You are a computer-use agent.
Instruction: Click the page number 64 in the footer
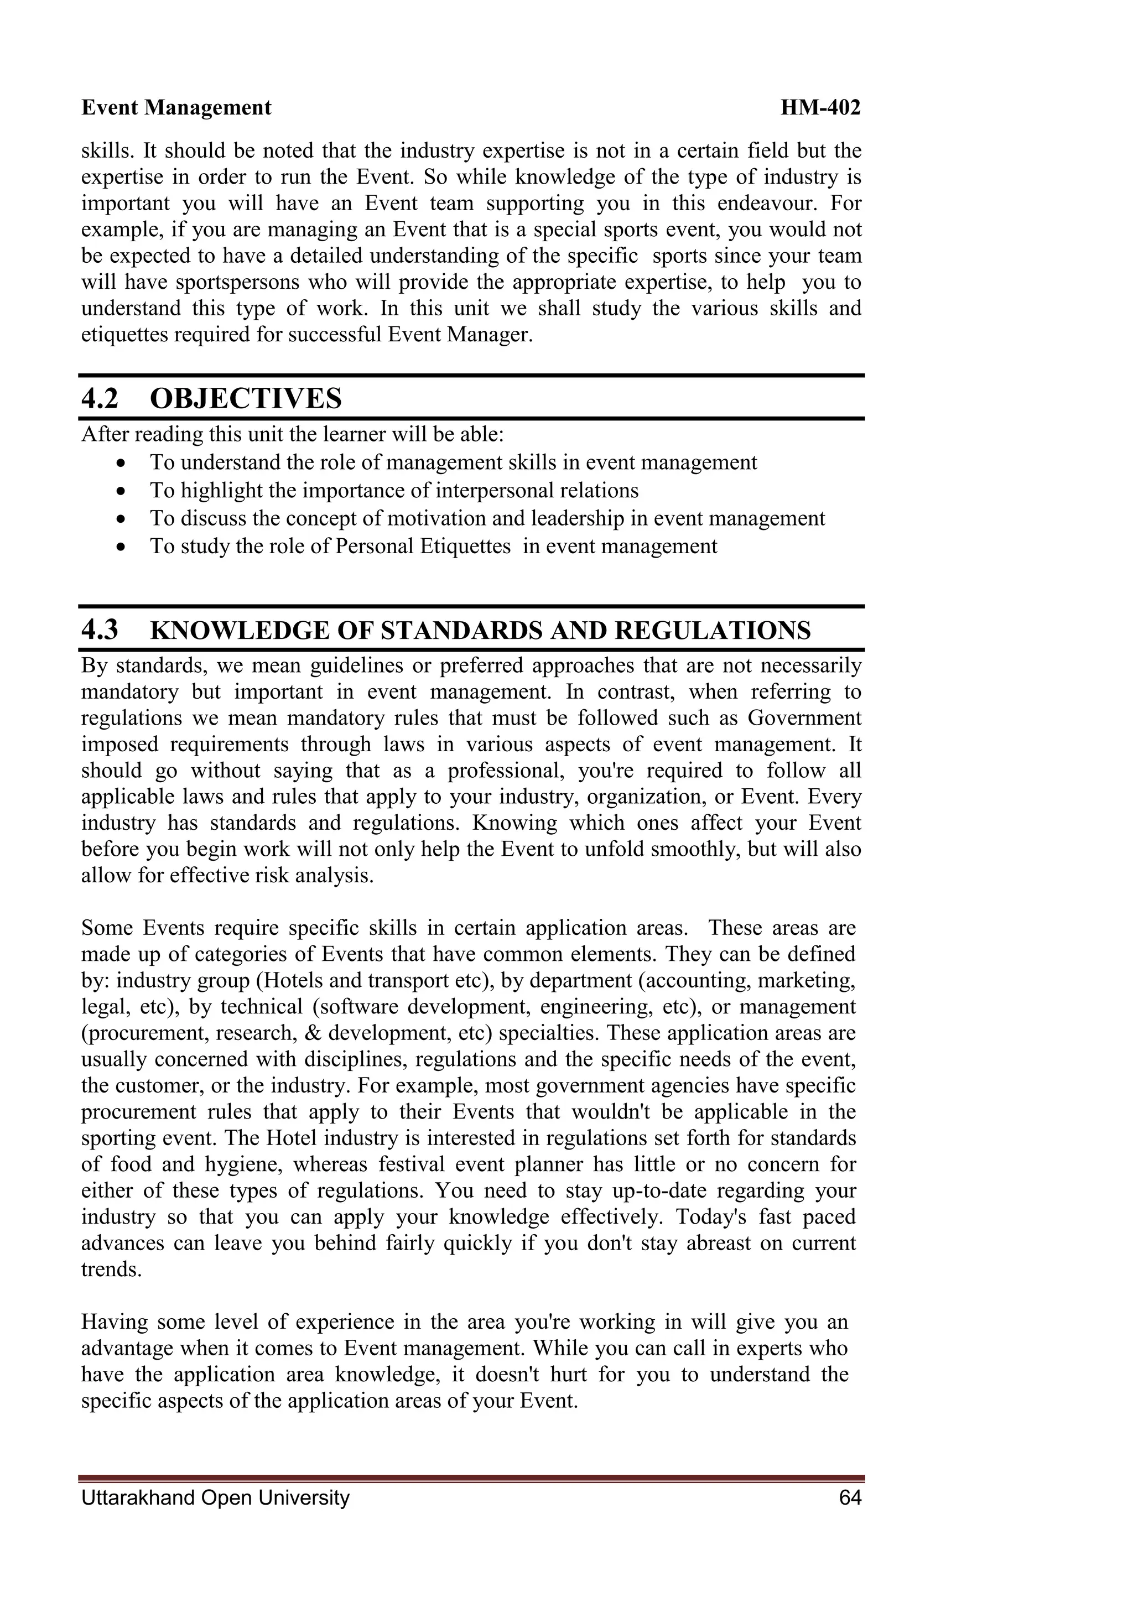click(x=850, y=1497)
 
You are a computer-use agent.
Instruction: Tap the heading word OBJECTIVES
click(x=246, y=399)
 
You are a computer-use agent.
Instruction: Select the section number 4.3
click(x=100, y=630)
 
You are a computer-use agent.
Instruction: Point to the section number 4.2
click(x=100, y=399)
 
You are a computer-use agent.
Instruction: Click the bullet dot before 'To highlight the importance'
click(x=122, y=492)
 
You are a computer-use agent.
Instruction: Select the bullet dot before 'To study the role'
click(x=122, y=548)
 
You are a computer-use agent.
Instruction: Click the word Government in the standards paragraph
click(x=804, y=718)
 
